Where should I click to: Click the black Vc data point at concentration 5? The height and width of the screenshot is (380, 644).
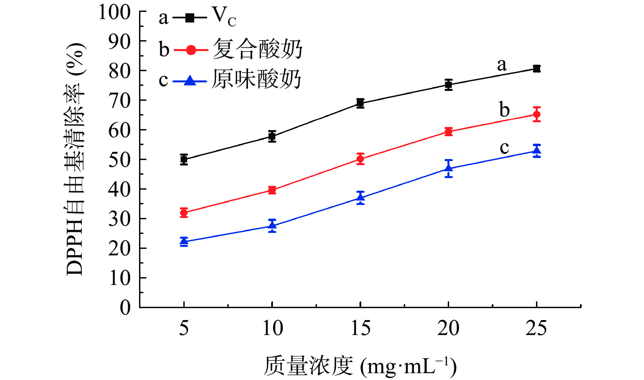pos(184,159)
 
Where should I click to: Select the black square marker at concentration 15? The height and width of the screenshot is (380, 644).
pos(360,103)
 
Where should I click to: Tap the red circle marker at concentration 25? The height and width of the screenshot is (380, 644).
pos(537,114)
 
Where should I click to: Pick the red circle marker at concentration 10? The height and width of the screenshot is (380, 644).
pos(272,190)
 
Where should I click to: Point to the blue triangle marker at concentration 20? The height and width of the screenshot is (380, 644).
pos(448,168)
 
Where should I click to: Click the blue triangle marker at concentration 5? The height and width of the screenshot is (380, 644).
pos(184,242)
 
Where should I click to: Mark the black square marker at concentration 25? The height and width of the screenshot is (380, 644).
pos(537,68)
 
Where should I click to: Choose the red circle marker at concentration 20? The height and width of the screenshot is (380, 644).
pos(448,132)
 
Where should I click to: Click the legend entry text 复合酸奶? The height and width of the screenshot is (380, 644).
pos(257,49)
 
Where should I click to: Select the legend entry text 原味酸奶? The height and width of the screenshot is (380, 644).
pos(256,80)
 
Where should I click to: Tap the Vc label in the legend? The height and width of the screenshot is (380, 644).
pos(224,17)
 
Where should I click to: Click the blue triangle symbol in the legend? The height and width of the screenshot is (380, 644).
pos(190,81)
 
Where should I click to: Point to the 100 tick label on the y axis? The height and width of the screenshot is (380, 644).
pos(114,13)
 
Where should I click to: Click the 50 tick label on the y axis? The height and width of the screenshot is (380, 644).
pos(119,160)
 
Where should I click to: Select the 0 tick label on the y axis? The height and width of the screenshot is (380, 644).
pos(125,307)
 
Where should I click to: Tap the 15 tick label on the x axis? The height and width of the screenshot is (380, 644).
pos(360,328)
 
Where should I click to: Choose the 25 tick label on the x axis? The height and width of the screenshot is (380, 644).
pos(536,328)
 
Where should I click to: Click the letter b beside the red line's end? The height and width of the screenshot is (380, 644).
pos(504,110)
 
